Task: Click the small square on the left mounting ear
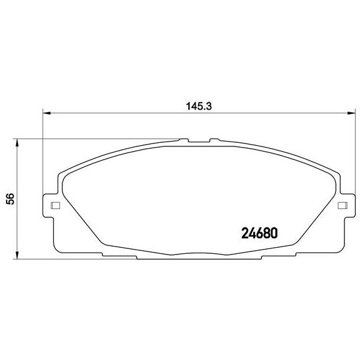point(55,206)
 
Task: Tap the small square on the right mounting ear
point(343,206)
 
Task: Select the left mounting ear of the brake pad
point(52,207)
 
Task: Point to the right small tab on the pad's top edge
point(212,140)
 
